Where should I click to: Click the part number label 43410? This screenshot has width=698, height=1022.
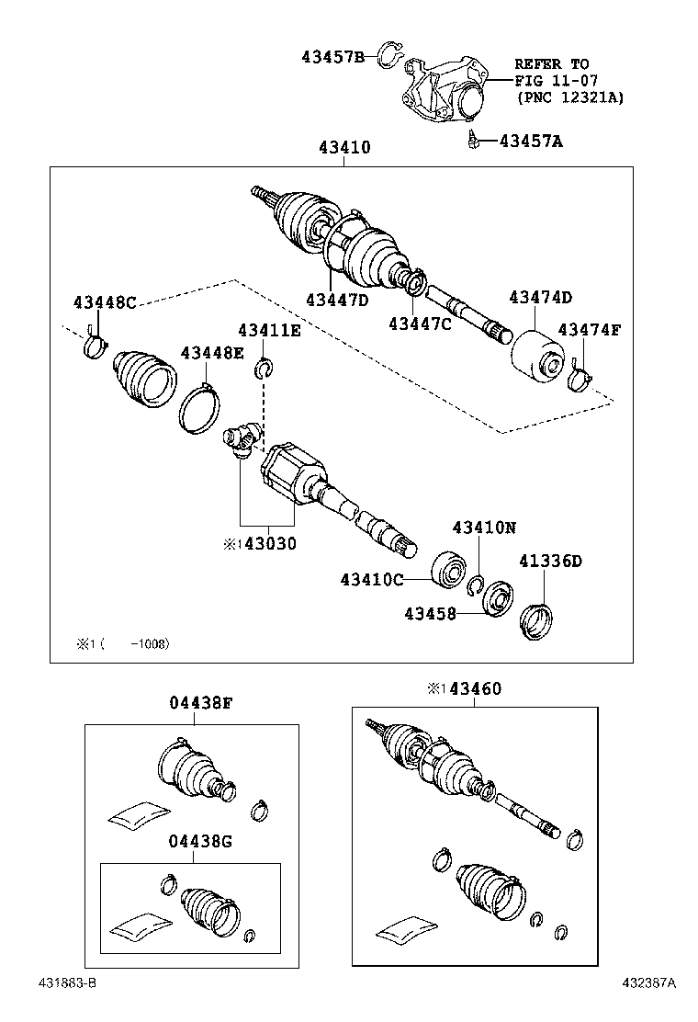pos(344,147)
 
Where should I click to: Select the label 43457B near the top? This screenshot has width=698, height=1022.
pos(332,56)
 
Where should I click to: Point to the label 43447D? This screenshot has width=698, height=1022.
pos(337,300)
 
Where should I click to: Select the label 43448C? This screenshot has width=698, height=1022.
pos(105,303)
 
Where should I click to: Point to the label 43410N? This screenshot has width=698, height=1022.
pos(484,528)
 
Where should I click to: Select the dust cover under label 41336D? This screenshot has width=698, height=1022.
pos(537,616)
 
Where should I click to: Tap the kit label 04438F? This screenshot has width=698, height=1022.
pos(200,703)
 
